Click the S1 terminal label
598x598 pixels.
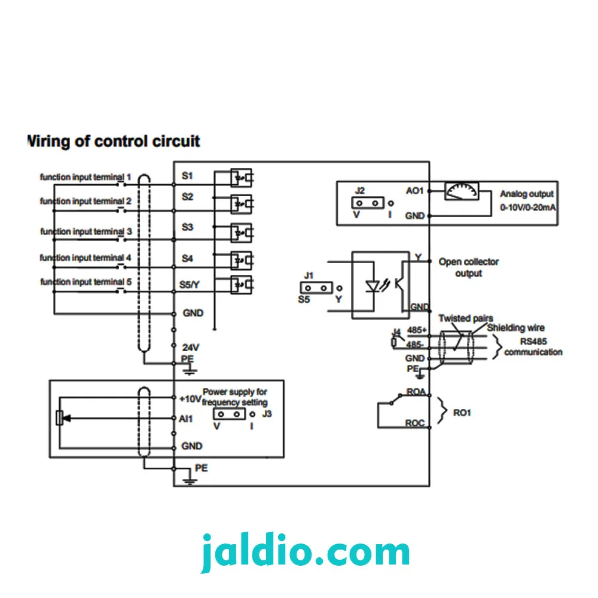tap(187, 176)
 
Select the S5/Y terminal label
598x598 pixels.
tap(189, 285)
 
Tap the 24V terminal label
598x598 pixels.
tap(190, 347)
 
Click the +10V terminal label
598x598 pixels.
tap(190, 399)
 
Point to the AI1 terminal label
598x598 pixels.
tap(186, 419)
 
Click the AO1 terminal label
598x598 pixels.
tap(414, 191)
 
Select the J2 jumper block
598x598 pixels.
tap(368, 203)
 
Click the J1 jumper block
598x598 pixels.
tap(316, 288)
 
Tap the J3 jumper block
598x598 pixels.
tap(229, 414)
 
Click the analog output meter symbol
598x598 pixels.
tap(462, 191)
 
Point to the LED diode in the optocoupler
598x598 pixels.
tap(373, 286)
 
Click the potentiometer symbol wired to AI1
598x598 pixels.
tap(59, 418)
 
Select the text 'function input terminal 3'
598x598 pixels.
tap(86, 231)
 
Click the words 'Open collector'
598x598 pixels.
tap(468, 262)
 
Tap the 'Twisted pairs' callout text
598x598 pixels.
tap(465, 318)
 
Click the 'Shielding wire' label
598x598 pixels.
tap(515, 328)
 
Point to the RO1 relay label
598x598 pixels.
tap(462, 413)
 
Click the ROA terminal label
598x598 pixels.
tap(416, 392)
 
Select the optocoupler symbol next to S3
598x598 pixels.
tap(242, 233)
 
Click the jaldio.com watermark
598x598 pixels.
tap(305, 552)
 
